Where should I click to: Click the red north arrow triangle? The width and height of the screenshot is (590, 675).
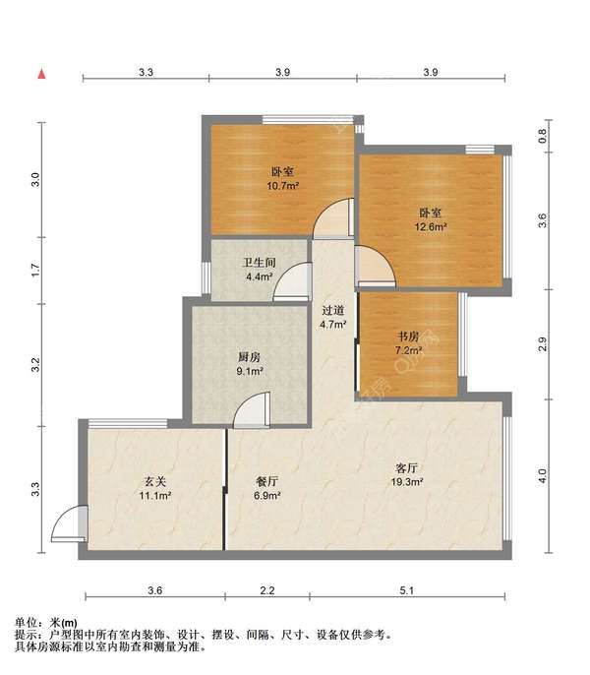pyautogui.click(x=41, y=74)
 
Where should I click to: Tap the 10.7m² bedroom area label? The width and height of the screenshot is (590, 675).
pyautogui.click(x=283, y=186)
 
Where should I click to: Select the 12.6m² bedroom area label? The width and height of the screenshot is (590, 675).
pyautogui.click(x=431, y=226)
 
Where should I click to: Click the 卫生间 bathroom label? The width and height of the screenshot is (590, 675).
pyautogui.click(x=259, y=262)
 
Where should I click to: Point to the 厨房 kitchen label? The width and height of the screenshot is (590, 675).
pyautogui.click(x=250, y=357)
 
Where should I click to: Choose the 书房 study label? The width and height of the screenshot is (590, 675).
pyautogui.click(x=408, y=336)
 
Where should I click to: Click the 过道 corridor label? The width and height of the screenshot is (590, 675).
pyautogui.click(x=333, y=310)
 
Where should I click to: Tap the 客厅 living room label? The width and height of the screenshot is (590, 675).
pyautogui.click(x=407, y=468)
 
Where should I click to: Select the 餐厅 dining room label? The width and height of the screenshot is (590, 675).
pyautogui.click(x=267, y=481)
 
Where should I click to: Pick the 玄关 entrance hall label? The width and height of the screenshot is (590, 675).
pyautogui.click(x=155, y=481)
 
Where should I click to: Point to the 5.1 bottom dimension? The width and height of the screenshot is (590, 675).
pyautogui.click(x=407, y=590)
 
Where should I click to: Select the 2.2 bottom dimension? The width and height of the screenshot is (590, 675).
pyautogui.click(x=267, y=590)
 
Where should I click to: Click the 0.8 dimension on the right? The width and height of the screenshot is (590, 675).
pyautogui.click(x=542, y=136)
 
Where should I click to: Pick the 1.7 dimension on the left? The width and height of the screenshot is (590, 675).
pyautogui.click(x=35, y=270)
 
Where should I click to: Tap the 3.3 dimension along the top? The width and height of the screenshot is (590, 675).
pyautogui.click(x=146, y=72)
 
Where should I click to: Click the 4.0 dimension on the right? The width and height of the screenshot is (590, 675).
pyautogui.click(x=542, y=475)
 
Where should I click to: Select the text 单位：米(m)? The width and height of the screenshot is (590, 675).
pyautogui.click(x=46, y=623)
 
